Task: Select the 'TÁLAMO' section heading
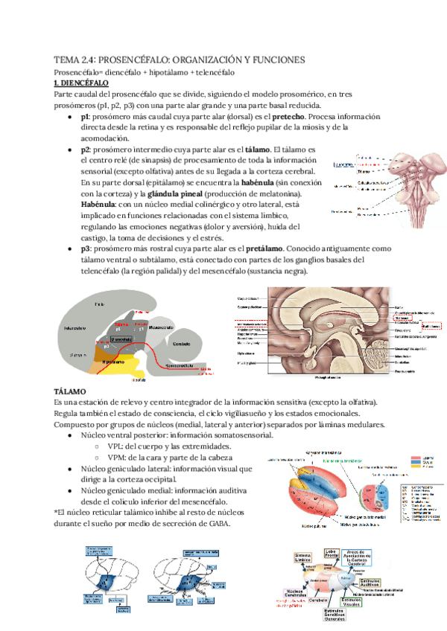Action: tap(71, 391)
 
